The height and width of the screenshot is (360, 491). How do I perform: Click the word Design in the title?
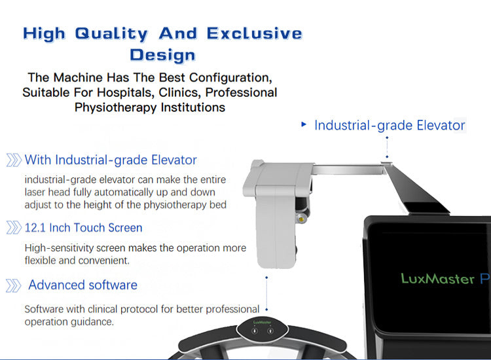[x=163, y=54]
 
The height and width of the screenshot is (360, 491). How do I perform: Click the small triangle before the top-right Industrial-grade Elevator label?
[x=304, y=124]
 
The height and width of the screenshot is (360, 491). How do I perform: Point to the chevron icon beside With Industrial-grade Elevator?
[x=13, y=160]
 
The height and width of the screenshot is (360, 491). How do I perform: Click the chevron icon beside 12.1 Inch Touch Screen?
[x=13, y=228]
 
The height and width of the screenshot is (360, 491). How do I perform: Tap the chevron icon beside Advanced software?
[x=13, y=285]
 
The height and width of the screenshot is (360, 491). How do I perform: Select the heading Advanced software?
[x=82, y=285]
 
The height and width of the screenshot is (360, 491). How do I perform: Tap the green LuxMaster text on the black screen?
[x=437, y=279]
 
